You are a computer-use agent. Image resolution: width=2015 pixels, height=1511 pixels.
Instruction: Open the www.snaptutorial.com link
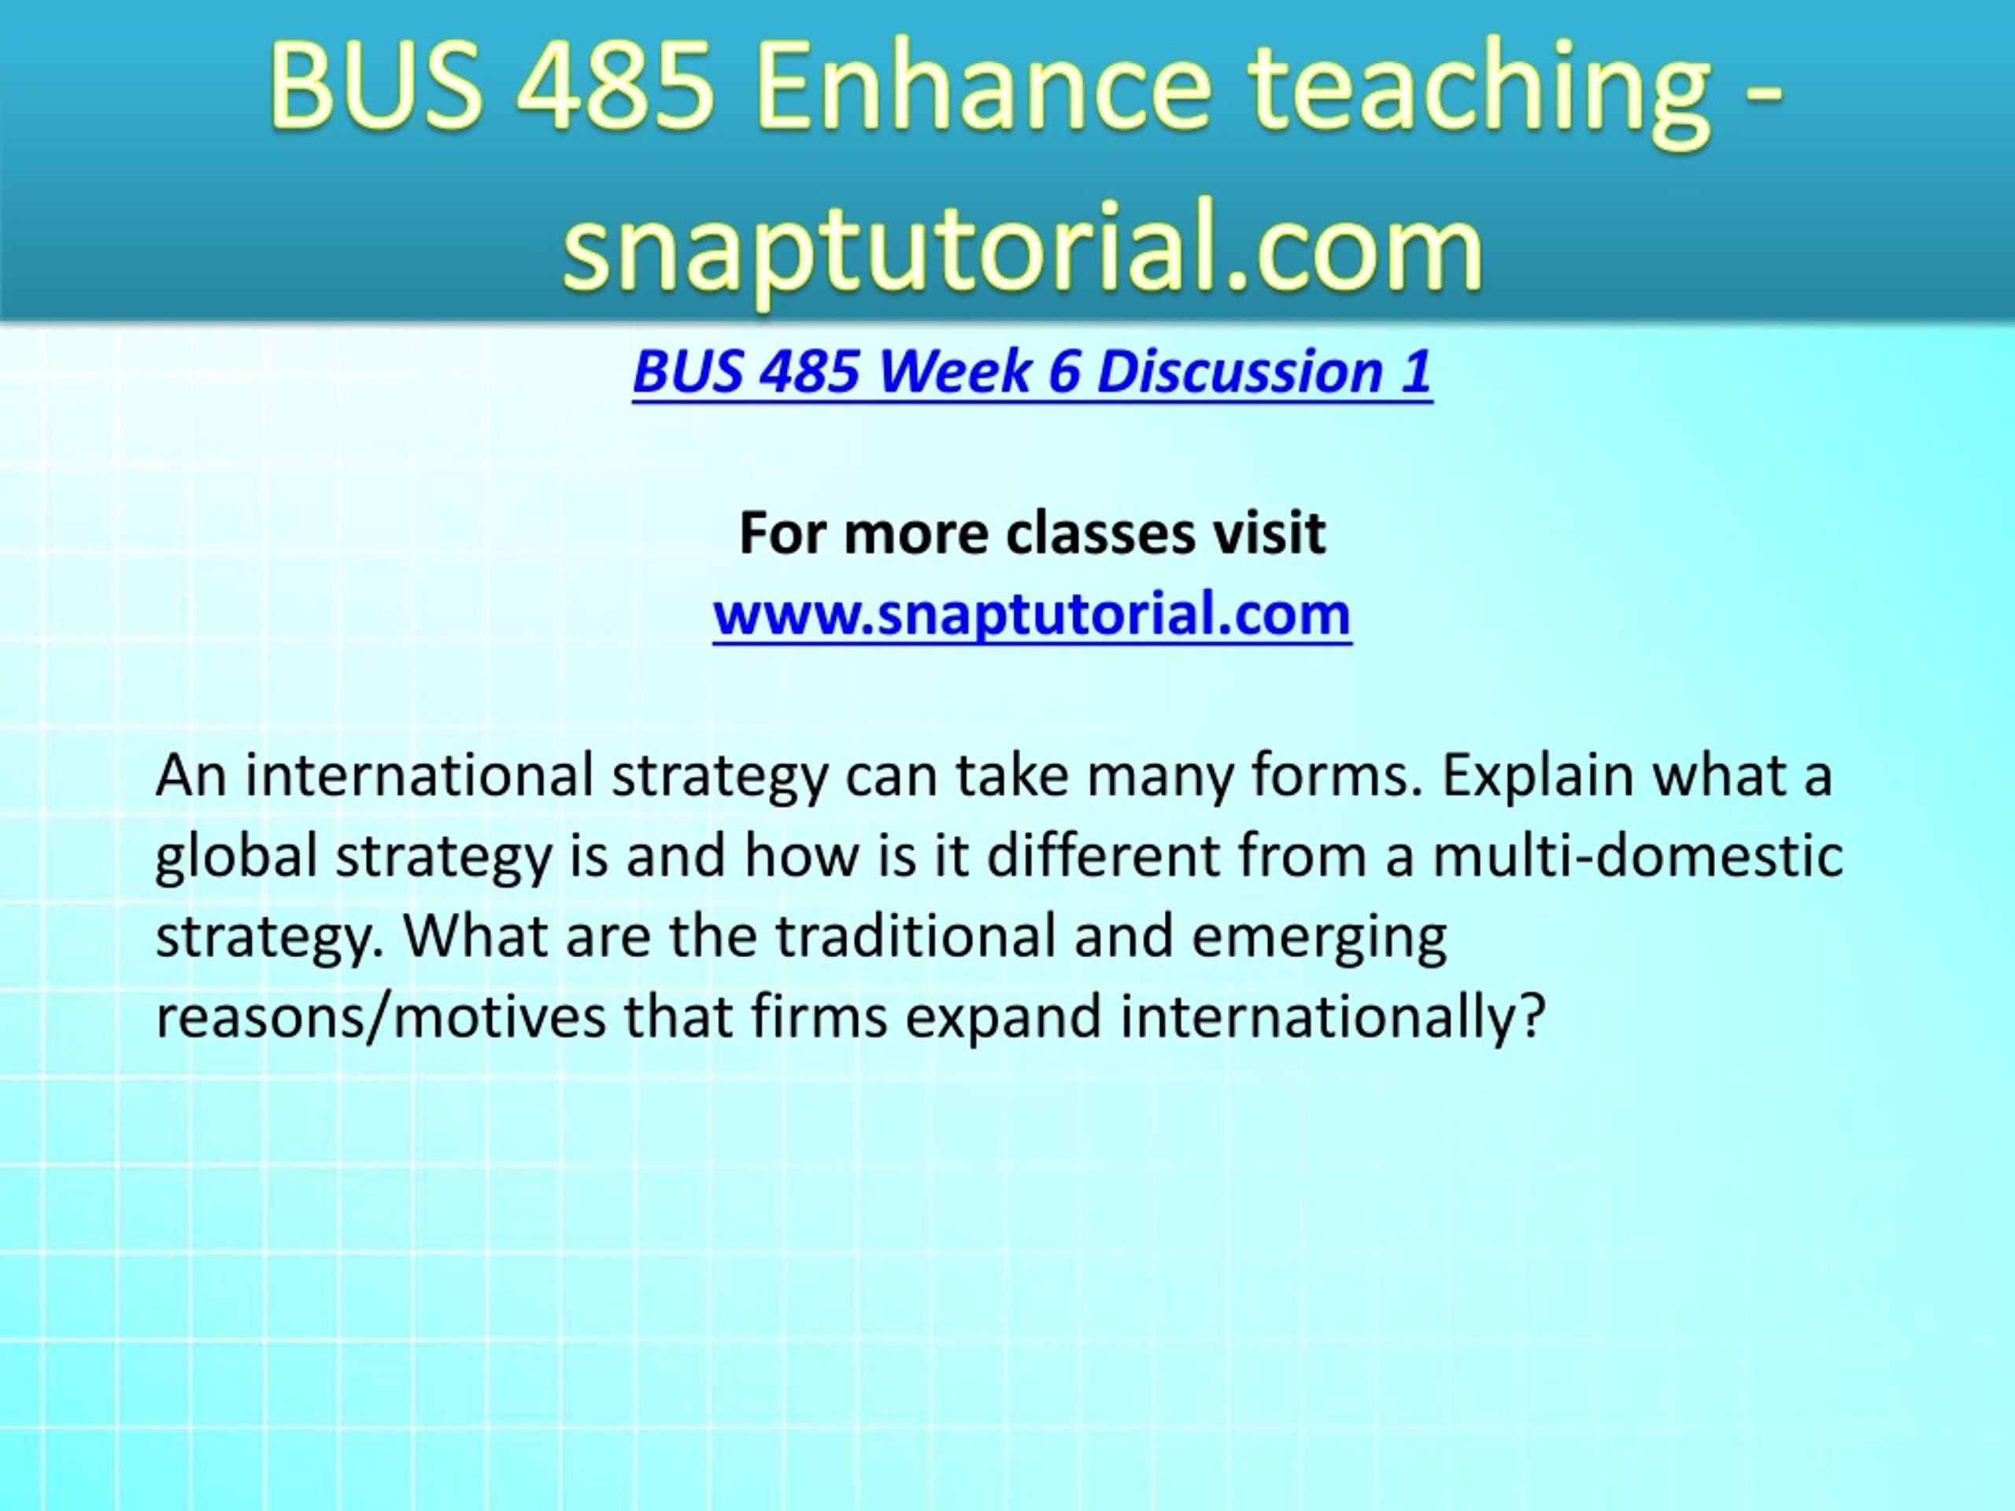[x=1032, y=615]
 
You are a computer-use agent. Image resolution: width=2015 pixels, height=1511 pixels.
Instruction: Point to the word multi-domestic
[x=1638, y=856]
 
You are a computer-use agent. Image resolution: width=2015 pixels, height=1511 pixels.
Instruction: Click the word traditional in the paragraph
[x=915, y=937]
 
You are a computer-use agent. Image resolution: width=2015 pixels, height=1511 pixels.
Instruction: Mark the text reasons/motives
[x=381, y=1017]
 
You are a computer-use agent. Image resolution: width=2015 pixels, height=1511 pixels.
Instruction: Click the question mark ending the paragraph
[x=1534, y=1017]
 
